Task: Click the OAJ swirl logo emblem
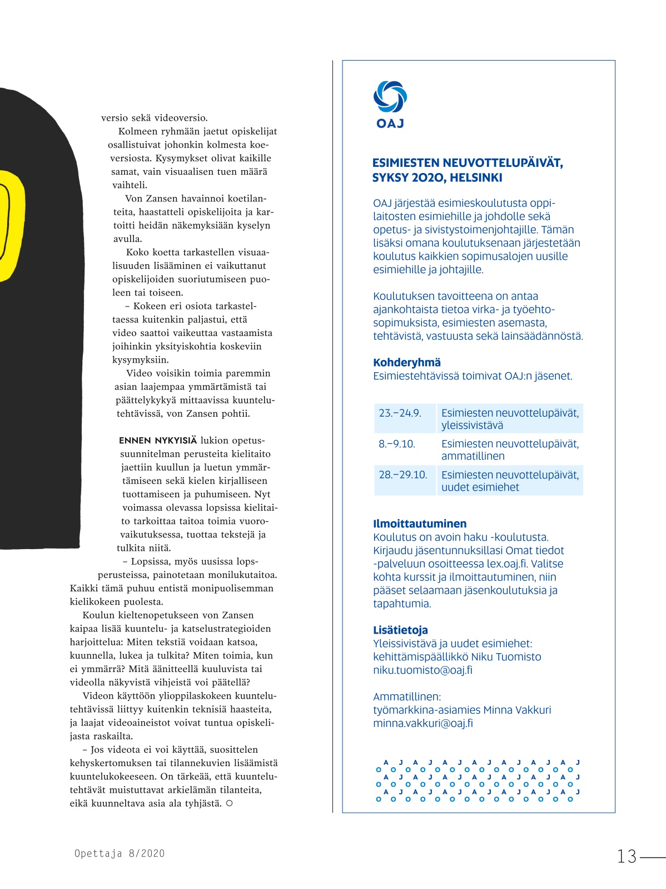click(x=390, y=96)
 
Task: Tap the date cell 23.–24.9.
click(x=400, y=413)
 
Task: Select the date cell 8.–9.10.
click(x=397, y=444)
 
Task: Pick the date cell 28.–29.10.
click(x=403, y=475)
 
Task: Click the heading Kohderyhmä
click(x=407, y=363)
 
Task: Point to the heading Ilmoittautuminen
click(x=420, y=523)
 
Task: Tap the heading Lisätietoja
click(x=400, y=630)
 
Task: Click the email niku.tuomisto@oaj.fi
click(x=423, y=670)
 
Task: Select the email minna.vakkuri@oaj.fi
click(x=423, y=723)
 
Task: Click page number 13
click(x=627, y=856)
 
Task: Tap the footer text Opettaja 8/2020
click(x=120, y=853)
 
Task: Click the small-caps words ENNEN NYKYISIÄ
click(x=158, y=441)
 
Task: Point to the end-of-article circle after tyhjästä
click(x=229, y=803)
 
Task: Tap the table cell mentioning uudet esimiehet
click(x=510, y=481)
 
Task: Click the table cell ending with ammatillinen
click(x=510, y=450)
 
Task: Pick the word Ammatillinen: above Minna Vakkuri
click(x=406, y=697)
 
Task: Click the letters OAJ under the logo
click(x=390, y=124)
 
